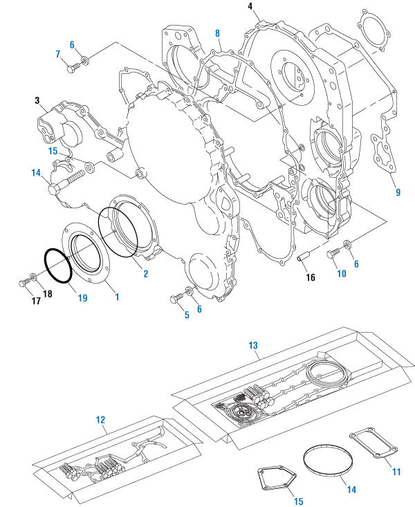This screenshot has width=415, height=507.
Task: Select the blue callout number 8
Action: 217,33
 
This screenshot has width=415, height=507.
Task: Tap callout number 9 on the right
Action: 398,192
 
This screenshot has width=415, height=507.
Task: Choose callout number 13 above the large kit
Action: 253,344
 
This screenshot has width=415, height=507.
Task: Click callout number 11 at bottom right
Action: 396,472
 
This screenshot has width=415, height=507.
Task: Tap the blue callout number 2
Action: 145,274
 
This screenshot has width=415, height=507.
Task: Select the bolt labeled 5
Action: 175,297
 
